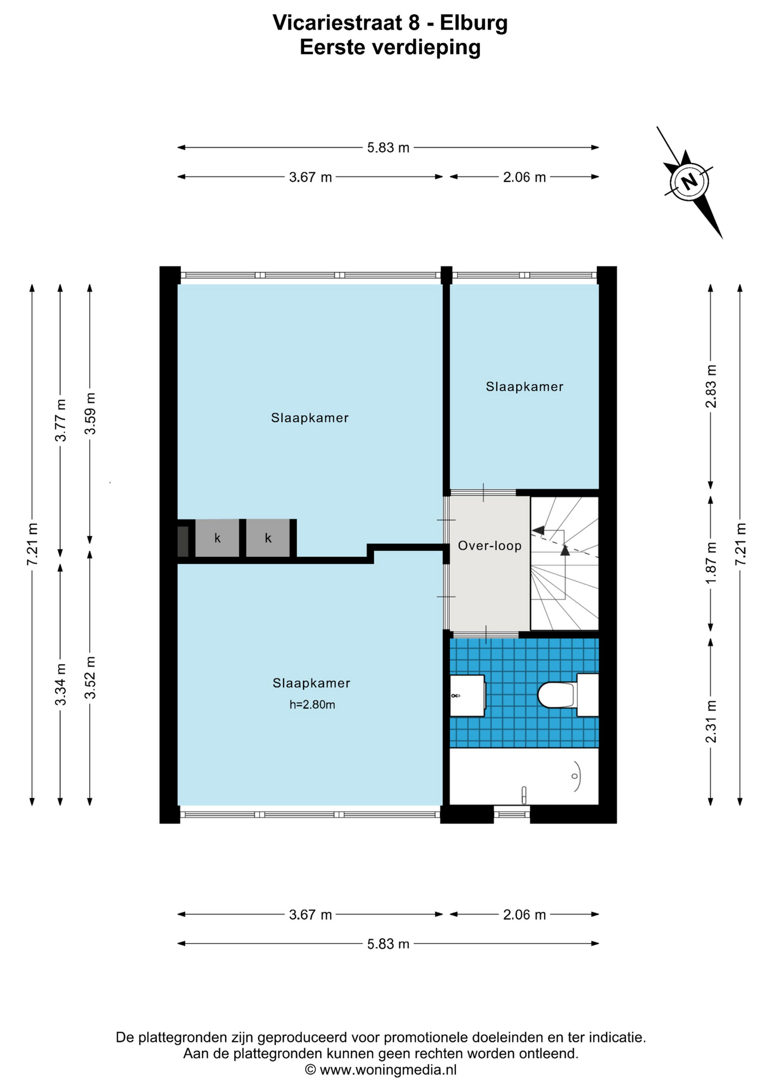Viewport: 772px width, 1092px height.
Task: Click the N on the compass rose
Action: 689,182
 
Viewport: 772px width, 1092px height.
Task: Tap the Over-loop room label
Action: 489,546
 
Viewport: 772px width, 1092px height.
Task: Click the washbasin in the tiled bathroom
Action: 467,696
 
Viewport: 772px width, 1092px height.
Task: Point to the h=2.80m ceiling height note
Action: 312,705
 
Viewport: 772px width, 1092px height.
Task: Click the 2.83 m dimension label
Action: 711,386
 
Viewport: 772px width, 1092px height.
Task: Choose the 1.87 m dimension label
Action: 711,563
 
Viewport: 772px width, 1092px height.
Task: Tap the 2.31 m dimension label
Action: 711,722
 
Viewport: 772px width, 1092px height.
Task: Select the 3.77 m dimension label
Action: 60,420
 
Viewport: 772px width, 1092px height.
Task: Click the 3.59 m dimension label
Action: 90,413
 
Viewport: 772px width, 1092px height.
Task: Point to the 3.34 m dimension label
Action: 60,684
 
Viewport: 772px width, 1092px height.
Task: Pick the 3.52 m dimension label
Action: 90,677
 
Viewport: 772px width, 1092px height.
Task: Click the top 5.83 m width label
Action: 388,148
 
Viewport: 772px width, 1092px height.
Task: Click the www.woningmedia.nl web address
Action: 388,1070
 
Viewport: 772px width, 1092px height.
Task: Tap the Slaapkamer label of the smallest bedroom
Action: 524,387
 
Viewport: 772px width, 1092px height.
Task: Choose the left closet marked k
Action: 217,538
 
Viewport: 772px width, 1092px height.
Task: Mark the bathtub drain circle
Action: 575,776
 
